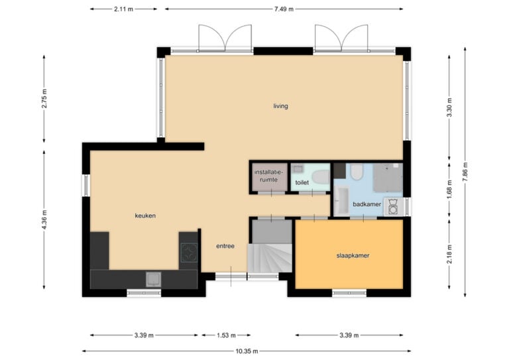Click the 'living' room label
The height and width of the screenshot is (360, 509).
point(280,106)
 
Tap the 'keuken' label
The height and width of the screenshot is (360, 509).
point(145,215)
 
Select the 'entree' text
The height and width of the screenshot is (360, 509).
point(225,246)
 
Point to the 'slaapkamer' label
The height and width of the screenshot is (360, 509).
point(353,255)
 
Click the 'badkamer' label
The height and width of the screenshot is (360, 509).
point(367,204)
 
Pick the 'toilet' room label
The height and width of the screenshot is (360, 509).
point(302,182)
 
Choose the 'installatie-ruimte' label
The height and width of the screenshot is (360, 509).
point(269,176)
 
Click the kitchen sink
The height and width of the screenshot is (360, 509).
point(153,280)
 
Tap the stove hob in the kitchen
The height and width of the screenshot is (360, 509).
point(189,253)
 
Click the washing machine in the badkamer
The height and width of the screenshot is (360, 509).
point(393,206)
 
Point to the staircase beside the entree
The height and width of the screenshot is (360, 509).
point(270,258)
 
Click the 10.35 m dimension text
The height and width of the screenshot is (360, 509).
point(247,351)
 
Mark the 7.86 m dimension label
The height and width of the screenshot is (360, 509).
point(465,172)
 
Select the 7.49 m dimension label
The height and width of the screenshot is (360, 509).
point(284,9)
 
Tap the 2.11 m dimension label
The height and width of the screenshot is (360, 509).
point(123,9)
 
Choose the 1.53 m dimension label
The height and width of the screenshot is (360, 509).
point(226,335)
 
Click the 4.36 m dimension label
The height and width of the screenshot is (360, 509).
point(44,219)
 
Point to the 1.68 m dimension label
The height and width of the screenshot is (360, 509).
point(449,190)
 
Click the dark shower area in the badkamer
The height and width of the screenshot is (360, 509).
point(388,178)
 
